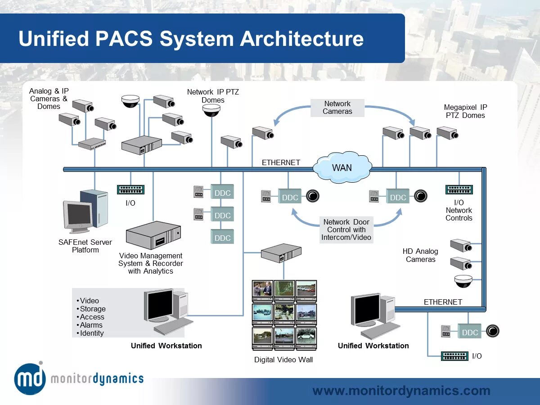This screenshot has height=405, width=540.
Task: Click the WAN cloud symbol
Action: pos(342,168)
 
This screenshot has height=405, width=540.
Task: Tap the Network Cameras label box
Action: pos(337,108)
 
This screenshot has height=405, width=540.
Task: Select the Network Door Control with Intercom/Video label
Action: pos(346,229)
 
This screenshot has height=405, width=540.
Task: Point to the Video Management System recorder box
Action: pos(153,236)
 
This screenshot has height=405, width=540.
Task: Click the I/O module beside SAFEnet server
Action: pos(130,190)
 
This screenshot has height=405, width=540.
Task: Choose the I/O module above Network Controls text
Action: pos(459,190)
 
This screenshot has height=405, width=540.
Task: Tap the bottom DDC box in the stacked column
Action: pos(222,238)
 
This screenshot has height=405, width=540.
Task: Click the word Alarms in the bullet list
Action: pos(91,325)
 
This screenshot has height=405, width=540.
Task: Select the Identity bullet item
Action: pos(92,333)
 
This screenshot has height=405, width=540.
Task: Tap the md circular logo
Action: pos(30,378)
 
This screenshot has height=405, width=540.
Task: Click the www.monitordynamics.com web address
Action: pos(401,391)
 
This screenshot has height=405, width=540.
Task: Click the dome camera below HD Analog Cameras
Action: pos(463,281)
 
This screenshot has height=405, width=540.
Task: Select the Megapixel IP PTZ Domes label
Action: pos(465,111)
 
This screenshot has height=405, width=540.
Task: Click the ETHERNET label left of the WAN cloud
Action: pos(281,162)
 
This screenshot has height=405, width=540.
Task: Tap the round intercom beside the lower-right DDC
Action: pos(492,332)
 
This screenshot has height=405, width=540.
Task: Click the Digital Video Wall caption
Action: pos(283,360)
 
